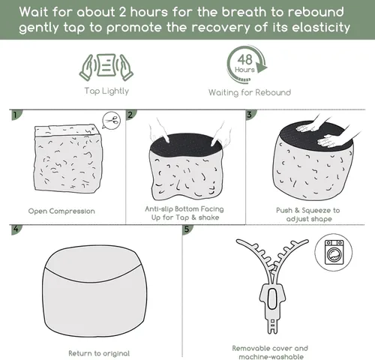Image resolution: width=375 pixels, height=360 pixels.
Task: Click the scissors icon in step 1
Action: pyautogui.click(x=112, y=121)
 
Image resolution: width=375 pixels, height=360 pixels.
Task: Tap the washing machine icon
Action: pyautogui.click(x=334, y=252)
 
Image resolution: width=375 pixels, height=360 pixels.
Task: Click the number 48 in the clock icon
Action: pyautogui.click(x=245, y=60)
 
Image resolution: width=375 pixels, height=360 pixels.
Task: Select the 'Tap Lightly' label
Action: pyautogui.click(x=106, y=91)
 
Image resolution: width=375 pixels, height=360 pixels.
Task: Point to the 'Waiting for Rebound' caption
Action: pyautogui.click(x=250, y=92)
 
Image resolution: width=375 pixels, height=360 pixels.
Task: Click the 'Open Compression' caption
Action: pyautogui.click(x=61, y=211)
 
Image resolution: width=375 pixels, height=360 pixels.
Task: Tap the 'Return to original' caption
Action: pyautogui.click(x=99, y=353)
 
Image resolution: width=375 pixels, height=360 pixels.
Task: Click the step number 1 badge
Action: pyautogui.click(x=16, y=115)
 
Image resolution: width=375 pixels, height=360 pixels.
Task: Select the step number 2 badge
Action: pyautogui.click(x=130, y=115)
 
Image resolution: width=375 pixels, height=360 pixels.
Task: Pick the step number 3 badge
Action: pyautogui.click(x=250, y=115)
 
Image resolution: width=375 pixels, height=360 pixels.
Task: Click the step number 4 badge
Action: pyautogui.click(x=16, y=229)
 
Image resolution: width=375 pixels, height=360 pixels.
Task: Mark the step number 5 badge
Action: pyautogui.click(x=187, y=229)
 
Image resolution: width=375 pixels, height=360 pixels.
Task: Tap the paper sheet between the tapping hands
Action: pyautogui.click(x=106, y=65)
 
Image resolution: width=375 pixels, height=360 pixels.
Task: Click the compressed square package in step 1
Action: pyautogui.click(x=68, y=158)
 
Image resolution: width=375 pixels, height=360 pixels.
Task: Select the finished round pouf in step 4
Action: pyautogui.click(x=94, y=290)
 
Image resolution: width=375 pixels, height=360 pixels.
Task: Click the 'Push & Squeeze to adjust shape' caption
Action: pyautogui.click(x=308, y=214)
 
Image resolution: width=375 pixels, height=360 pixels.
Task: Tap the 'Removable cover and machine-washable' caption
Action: pyautogui.click(x=271, y=352)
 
